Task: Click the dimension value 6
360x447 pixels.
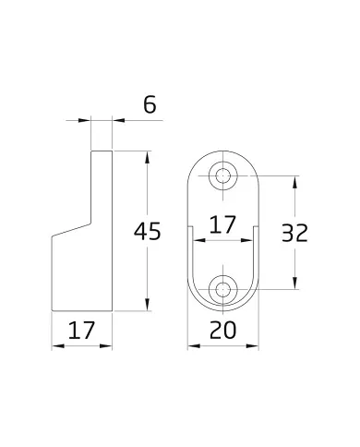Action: pyautogui.click(x=150, y=104)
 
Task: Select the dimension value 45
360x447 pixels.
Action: pyautogui.click(x=147, y=231)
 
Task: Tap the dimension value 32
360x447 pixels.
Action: pyautogui.click(x=294, y=233)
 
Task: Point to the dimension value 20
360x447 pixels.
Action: pyautogui.click(x=222, y=330)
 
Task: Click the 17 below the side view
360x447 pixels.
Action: pyautogui.click(x=81, y=330)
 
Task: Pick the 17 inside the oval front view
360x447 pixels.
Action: pyautogui.click(x=222, y=224)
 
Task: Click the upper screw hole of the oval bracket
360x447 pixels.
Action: pyautogui.click(x=223, y=176)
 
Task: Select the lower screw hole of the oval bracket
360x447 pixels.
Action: pyautogui.click(x=223, y=289)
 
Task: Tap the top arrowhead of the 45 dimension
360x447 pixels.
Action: pyautogui.click(x=148, y=157)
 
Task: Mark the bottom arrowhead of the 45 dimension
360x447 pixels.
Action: pyautogui.click(x=148, y=305)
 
